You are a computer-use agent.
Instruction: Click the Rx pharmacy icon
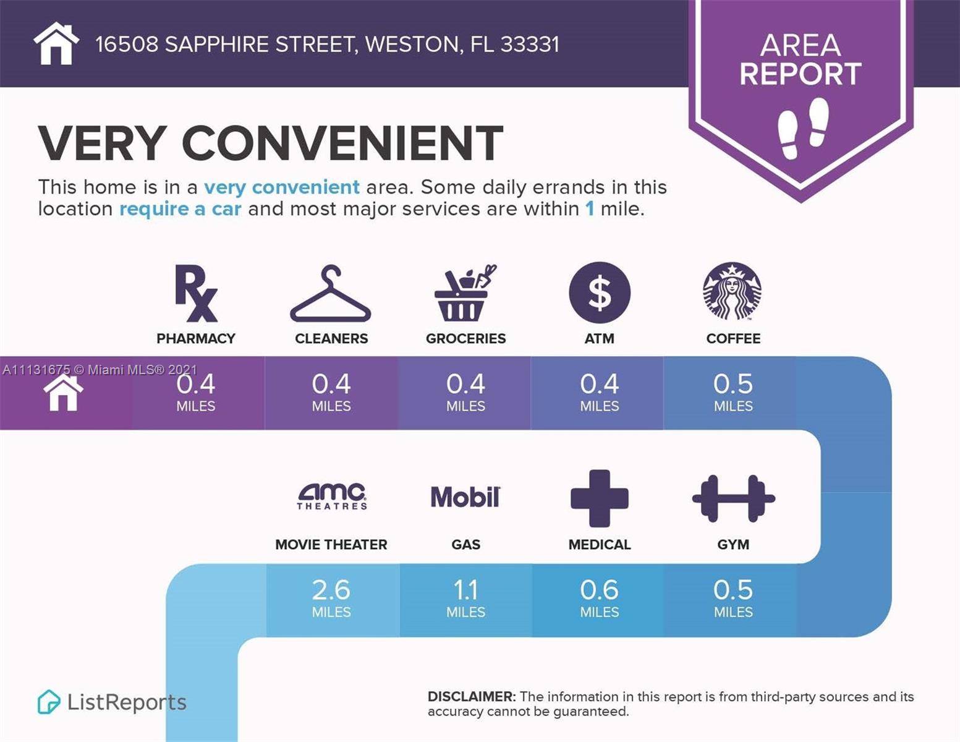tap(196, 293)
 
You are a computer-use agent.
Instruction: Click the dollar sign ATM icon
tap(600, 292)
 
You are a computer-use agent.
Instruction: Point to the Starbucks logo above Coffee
tap(733, 291)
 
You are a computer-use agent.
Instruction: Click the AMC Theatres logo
tap(332, 497)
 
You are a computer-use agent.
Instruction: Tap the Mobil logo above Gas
tap(465, 497)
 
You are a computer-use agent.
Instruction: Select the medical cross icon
tap(599, 498)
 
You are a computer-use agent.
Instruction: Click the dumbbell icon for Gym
tap(733, 498)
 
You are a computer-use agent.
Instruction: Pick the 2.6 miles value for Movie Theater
tap(331, 597)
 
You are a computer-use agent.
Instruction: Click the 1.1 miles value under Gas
tap(465, 597)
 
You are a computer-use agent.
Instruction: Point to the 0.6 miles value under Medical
tap(599, 597)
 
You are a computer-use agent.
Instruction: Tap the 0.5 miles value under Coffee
tap(733, 391)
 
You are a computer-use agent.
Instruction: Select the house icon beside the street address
tap(56, 43)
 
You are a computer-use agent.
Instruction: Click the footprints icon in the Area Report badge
tap(802, 127)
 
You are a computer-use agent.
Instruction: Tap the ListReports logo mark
tap(49, 702)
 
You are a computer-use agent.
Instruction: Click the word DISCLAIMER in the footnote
tap(471, 697)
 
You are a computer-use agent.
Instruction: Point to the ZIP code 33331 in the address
tap(530, 45)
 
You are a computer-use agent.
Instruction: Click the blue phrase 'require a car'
tap(180, 209)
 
